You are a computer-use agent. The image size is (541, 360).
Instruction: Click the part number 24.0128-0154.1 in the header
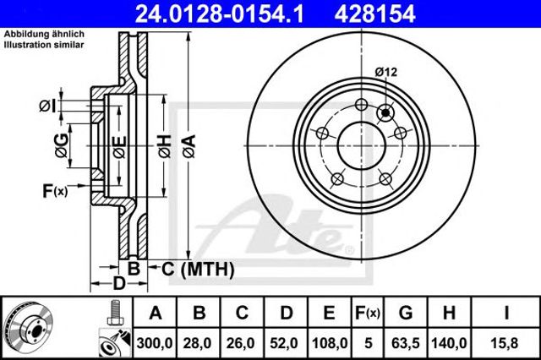click(x=220, y=14)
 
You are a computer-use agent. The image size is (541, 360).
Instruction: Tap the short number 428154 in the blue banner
click(x=374, y=14)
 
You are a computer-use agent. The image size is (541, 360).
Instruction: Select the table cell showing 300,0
click(x=155, y=343)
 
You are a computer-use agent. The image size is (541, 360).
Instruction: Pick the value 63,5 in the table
click(x=406, y=343)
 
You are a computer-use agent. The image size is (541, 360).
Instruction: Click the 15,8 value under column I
click(x=505, y=343)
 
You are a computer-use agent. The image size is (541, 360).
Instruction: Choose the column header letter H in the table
click(x=449, y=313)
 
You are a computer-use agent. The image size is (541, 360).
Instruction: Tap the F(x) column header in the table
click(x=368, y=314)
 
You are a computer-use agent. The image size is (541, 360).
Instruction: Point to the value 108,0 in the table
click(x=330, y=343)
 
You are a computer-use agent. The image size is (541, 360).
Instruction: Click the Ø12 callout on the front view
click(x=386, y=72)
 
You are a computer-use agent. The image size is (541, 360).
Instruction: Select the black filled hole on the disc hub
click(x=385, y=112)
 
